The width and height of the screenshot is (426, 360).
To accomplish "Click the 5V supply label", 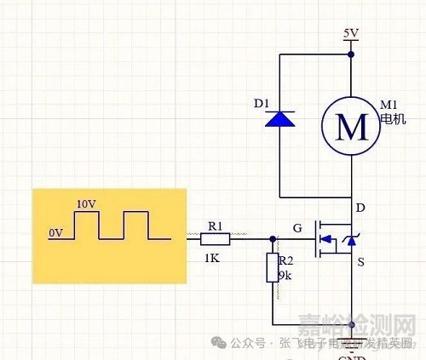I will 351,34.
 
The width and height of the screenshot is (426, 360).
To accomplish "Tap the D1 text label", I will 262,105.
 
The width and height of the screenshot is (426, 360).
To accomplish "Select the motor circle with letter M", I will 351,126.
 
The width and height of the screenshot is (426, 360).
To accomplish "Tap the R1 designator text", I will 215,226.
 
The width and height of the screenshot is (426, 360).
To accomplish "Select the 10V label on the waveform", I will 85,204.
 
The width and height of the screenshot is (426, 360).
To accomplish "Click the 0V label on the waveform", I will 56,231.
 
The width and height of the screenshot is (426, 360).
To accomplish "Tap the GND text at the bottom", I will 351,354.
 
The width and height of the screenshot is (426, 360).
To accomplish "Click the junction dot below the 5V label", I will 351,53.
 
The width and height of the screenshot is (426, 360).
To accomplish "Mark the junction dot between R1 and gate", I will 273,239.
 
